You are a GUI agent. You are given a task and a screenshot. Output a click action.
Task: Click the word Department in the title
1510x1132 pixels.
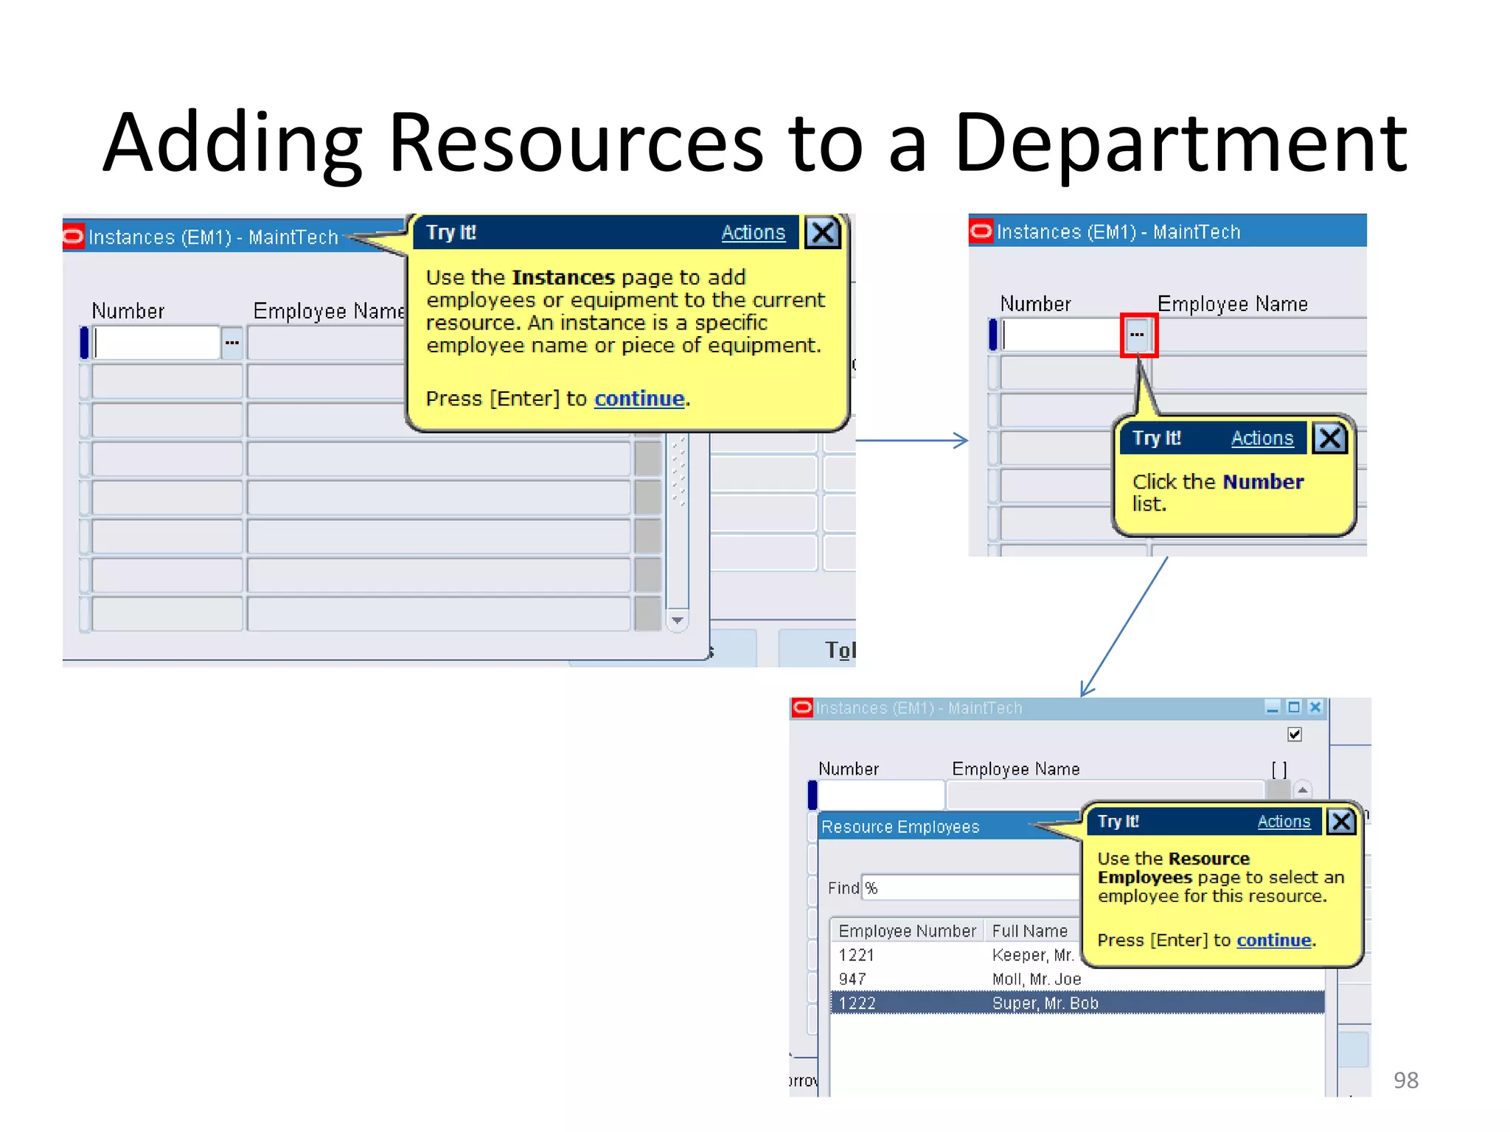[1180, 144]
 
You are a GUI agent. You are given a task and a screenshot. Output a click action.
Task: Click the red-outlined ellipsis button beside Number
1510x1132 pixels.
[1138, 335]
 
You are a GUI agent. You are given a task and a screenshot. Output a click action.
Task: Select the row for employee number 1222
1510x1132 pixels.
[1076, 1003]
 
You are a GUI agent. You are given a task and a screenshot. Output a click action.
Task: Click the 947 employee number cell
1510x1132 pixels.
[852, 979]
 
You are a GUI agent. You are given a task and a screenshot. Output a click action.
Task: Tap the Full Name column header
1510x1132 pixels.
[1029, 932]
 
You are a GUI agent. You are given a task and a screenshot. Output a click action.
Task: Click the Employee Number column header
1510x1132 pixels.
[907, 932]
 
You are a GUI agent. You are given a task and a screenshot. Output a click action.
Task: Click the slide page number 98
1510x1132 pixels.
[1405, 1080]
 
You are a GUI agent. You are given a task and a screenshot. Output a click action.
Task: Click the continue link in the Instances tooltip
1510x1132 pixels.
[639, 399]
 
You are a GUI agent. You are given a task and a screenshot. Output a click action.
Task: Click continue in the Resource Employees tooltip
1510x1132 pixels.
[1273, 940]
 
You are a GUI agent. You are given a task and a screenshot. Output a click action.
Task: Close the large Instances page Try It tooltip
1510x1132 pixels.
[822, 233]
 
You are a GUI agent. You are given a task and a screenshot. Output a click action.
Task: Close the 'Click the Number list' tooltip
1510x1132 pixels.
[1329, 439]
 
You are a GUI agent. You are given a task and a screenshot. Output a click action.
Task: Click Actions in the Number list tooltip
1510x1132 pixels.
[1262, 439]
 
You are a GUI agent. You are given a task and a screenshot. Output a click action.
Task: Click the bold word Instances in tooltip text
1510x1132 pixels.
[563, 278]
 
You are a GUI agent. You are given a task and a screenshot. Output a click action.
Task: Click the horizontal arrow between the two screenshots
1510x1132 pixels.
[911, 441]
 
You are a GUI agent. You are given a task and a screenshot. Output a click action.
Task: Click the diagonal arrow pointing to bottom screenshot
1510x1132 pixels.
[1124, 626]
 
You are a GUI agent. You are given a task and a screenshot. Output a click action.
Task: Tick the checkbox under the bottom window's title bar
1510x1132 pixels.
[1294, 734]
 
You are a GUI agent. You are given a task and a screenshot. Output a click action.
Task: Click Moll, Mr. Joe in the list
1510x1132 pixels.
[1036, 979]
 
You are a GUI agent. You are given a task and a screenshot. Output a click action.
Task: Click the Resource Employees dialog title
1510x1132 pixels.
[900, 827]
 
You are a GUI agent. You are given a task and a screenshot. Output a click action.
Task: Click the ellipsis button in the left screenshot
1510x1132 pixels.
[232, 343]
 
